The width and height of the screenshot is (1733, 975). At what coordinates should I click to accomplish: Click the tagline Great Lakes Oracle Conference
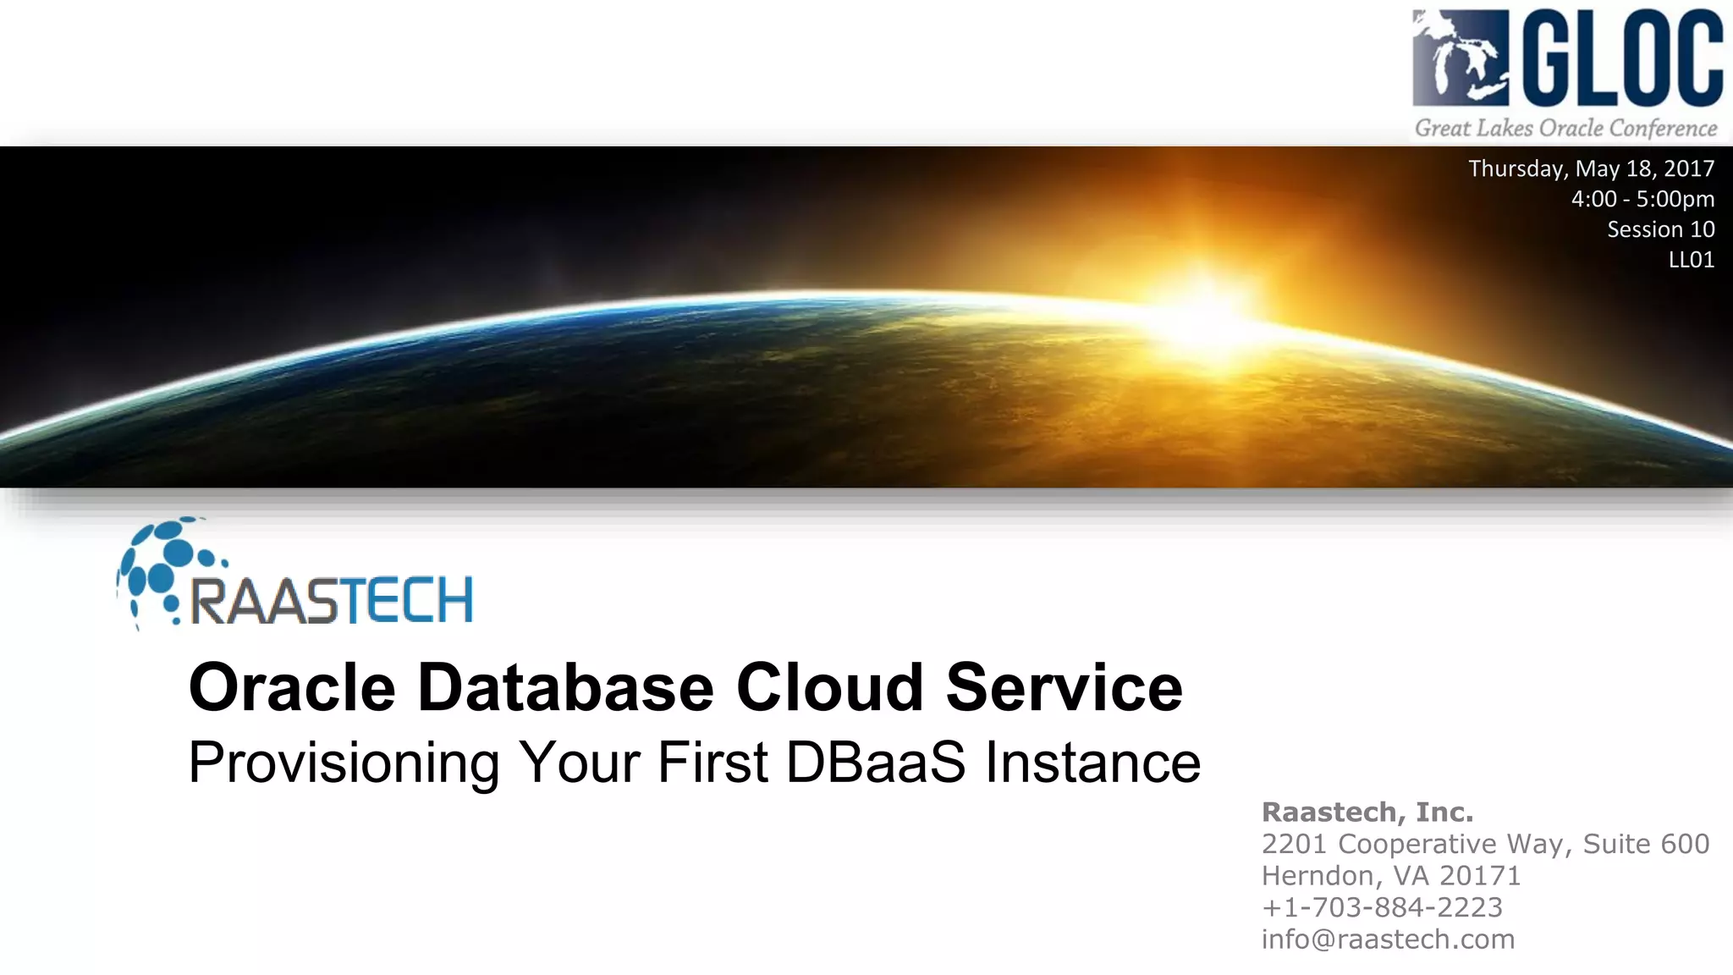point(1565,129)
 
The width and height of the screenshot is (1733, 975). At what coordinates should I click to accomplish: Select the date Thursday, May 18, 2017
point(1591,168)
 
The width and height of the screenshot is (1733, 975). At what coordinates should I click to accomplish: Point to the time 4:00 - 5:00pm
point(1642,199)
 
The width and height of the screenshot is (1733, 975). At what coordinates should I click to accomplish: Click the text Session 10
point(1660,229)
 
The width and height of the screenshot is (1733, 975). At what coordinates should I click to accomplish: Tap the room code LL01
point(1691,260)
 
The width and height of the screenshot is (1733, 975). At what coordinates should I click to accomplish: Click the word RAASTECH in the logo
point(332,601)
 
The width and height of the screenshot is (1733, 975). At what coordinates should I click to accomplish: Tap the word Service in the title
point(1064,687)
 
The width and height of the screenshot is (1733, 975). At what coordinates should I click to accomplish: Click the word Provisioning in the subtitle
point(344,763)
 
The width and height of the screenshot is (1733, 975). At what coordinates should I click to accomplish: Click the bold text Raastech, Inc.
point(1367,812)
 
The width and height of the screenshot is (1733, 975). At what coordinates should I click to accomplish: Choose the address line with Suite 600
point(1485,844)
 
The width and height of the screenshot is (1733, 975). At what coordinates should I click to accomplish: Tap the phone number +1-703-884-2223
point(1382,907)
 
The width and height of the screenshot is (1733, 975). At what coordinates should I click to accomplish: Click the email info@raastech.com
point(1388,939)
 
